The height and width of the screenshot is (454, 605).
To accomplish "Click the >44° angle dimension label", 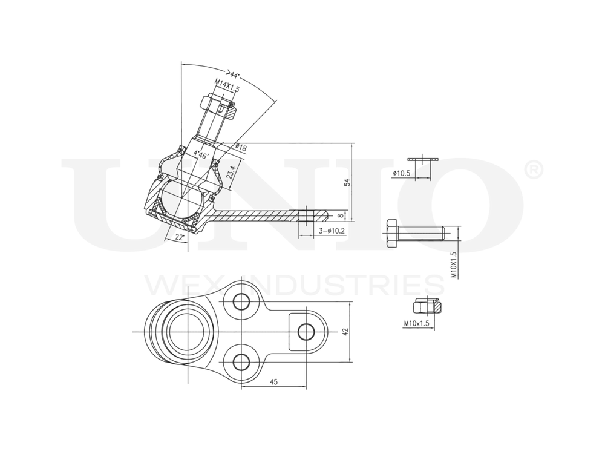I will [232, 75].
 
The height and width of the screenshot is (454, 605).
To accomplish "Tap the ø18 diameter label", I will [240, 147].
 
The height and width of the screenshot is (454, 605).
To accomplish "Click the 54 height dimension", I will [347, 182].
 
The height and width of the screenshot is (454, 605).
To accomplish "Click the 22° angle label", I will [179, 237].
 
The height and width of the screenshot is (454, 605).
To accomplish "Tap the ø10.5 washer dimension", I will [402, 173].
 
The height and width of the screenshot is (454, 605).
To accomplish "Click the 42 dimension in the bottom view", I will [345, 332].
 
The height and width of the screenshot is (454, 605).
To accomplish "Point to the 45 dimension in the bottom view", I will [273, 381].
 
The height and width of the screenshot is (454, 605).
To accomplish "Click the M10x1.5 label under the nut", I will [416, 324].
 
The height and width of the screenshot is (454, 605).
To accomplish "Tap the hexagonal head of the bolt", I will [390, 232].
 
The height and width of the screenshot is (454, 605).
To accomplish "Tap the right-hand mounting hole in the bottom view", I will [307, 331].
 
